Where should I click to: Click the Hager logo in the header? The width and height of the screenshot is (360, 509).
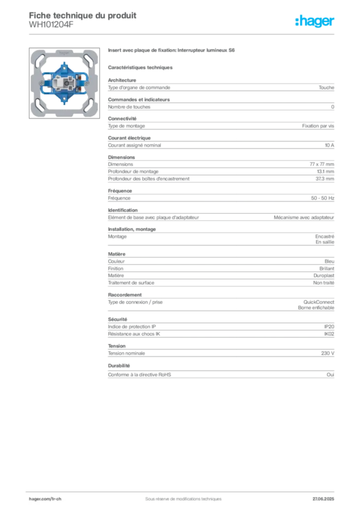[315, 21]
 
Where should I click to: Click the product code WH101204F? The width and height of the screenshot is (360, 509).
[51, 24]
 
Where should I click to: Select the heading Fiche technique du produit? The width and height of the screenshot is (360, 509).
[83, 15]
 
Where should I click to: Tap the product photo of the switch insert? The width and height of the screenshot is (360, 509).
[64, 83]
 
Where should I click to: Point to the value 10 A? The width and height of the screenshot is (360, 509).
[330, 145]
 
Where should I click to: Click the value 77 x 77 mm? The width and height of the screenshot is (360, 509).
[322, 164]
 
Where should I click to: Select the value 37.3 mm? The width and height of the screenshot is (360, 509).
[325, 178]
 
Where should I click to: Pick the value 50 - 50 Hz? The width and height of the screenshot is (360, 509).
[322, 198]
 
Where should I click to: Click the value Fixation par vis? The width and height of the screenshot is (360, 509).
[318, 126]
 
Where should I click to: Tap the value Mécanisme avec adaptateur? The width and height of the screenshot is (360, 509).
[304, 218]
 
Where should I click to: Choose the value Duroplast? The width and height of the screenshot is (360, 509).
[324, 275]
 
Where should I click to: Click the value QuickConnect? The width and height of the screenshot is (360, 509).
[319, 302]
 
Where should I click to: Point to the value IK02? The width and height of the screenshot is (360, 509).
[329, 334]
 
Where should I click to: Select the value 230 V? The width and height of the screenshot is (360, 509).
[328, 353]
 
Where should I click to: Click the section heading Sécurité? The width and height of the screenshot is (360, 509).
[117, 320]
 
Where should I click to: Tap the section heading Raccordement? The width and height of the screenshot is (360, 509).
[125, 295]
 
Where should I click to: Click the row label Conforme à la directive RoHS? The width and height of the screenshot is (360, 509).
[140, 375]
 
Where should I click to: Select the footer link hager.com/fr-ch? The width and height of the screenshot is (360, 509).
[45, 499]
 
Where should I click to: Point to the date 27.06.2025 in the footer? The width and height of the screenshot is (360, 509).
[323, 499]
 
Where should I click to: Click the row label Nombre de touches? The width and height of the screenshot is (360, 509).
[129, 107]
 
